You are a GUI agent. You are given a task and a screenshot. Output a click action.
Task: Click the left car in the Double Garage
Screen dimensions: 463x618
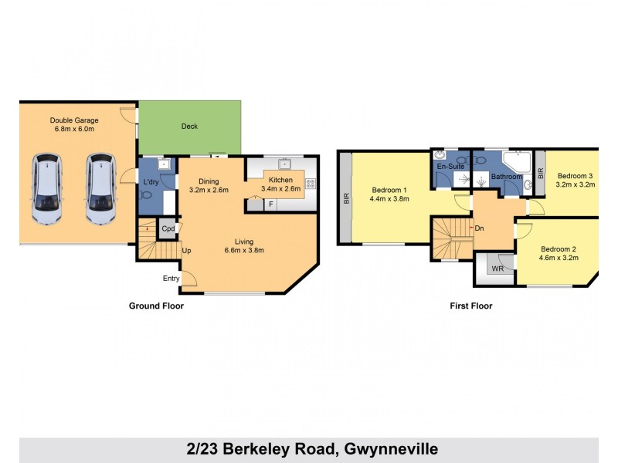click(45, 189)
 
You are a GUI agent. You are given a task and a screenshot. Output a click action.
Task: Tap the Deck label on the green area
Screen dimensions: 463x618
click(189, 127)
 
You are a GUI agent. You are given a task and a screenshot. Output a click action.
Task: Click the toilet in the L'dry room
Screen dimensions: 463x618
click(146, 196)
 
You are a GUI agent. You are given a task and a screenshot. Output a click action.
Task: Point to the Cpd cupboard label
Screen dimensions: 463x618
click(168, 229)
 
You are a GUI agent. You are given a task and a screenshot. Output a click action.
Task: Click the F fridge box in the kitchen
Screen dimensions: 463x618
click(270, 204)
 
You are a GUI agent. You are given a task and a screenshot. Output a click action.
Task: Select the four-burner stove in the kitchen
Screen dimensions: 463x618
click(311, 184)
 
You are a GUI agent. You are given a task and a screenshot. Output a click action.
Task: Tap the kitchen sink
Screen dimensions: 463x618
click(284, 164)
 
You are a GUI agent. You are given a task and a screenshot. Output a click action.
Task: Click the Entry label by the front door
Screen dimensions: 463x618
click(171, 279)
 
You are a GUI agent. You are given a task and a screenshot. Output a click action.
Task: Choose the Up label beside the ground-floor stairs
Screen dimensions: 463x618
click(186, 251)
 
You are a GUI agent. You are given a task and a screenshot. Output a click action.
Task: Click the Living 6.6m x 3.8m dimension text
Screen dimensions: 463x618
click(244, 250)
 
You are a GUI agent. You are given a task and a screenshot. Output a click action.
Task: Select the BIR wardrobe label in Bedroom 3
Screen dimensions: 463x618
click(540, 174)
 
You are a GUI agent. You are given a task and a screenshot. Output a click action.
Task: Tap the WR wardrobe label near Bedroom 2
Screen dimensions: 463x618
click(497, 269)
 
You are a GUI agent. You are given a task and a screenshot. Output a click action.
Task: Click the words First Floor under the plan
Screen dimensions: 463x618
click(470, 306)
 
